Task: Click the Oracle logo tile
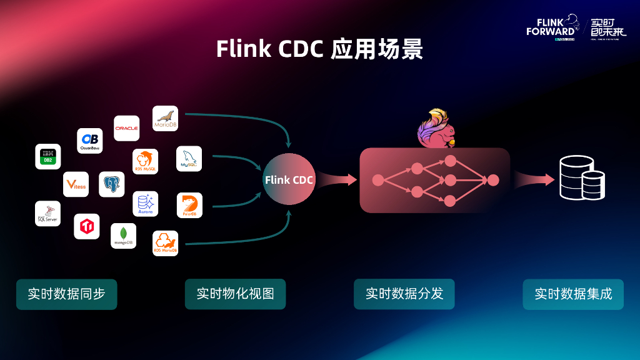click(x=126, y=128)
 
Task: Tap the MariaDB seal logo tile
click(x=166, y=118)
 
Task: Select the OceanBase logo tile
click(x=90, y=141)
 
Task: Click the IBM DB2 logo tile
click(x=47, y=156)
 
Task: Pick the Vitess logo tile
click(x=76, y=184)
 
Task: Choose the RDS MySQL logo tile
click(x=145, y=161)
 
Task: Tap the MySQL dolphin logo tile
click(x=189, y=159)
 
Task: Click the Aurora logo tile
click(x=145, y=204)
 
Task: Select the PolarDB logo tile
click(x=189, y=205)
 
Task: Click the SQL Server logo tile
click(x=47, y=213)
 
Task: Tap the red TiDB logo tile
click(x=87, y=226)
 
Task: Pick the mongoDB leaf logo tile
click(x=123, y=236)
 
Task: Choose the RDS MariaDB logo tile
click(x=166, y=243)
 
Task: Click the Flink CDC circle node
click(x=289, y=179)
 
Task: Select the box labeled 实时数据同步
click(x=66, y=294)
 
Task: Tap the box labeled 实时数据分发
click(x=404, y=294)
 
